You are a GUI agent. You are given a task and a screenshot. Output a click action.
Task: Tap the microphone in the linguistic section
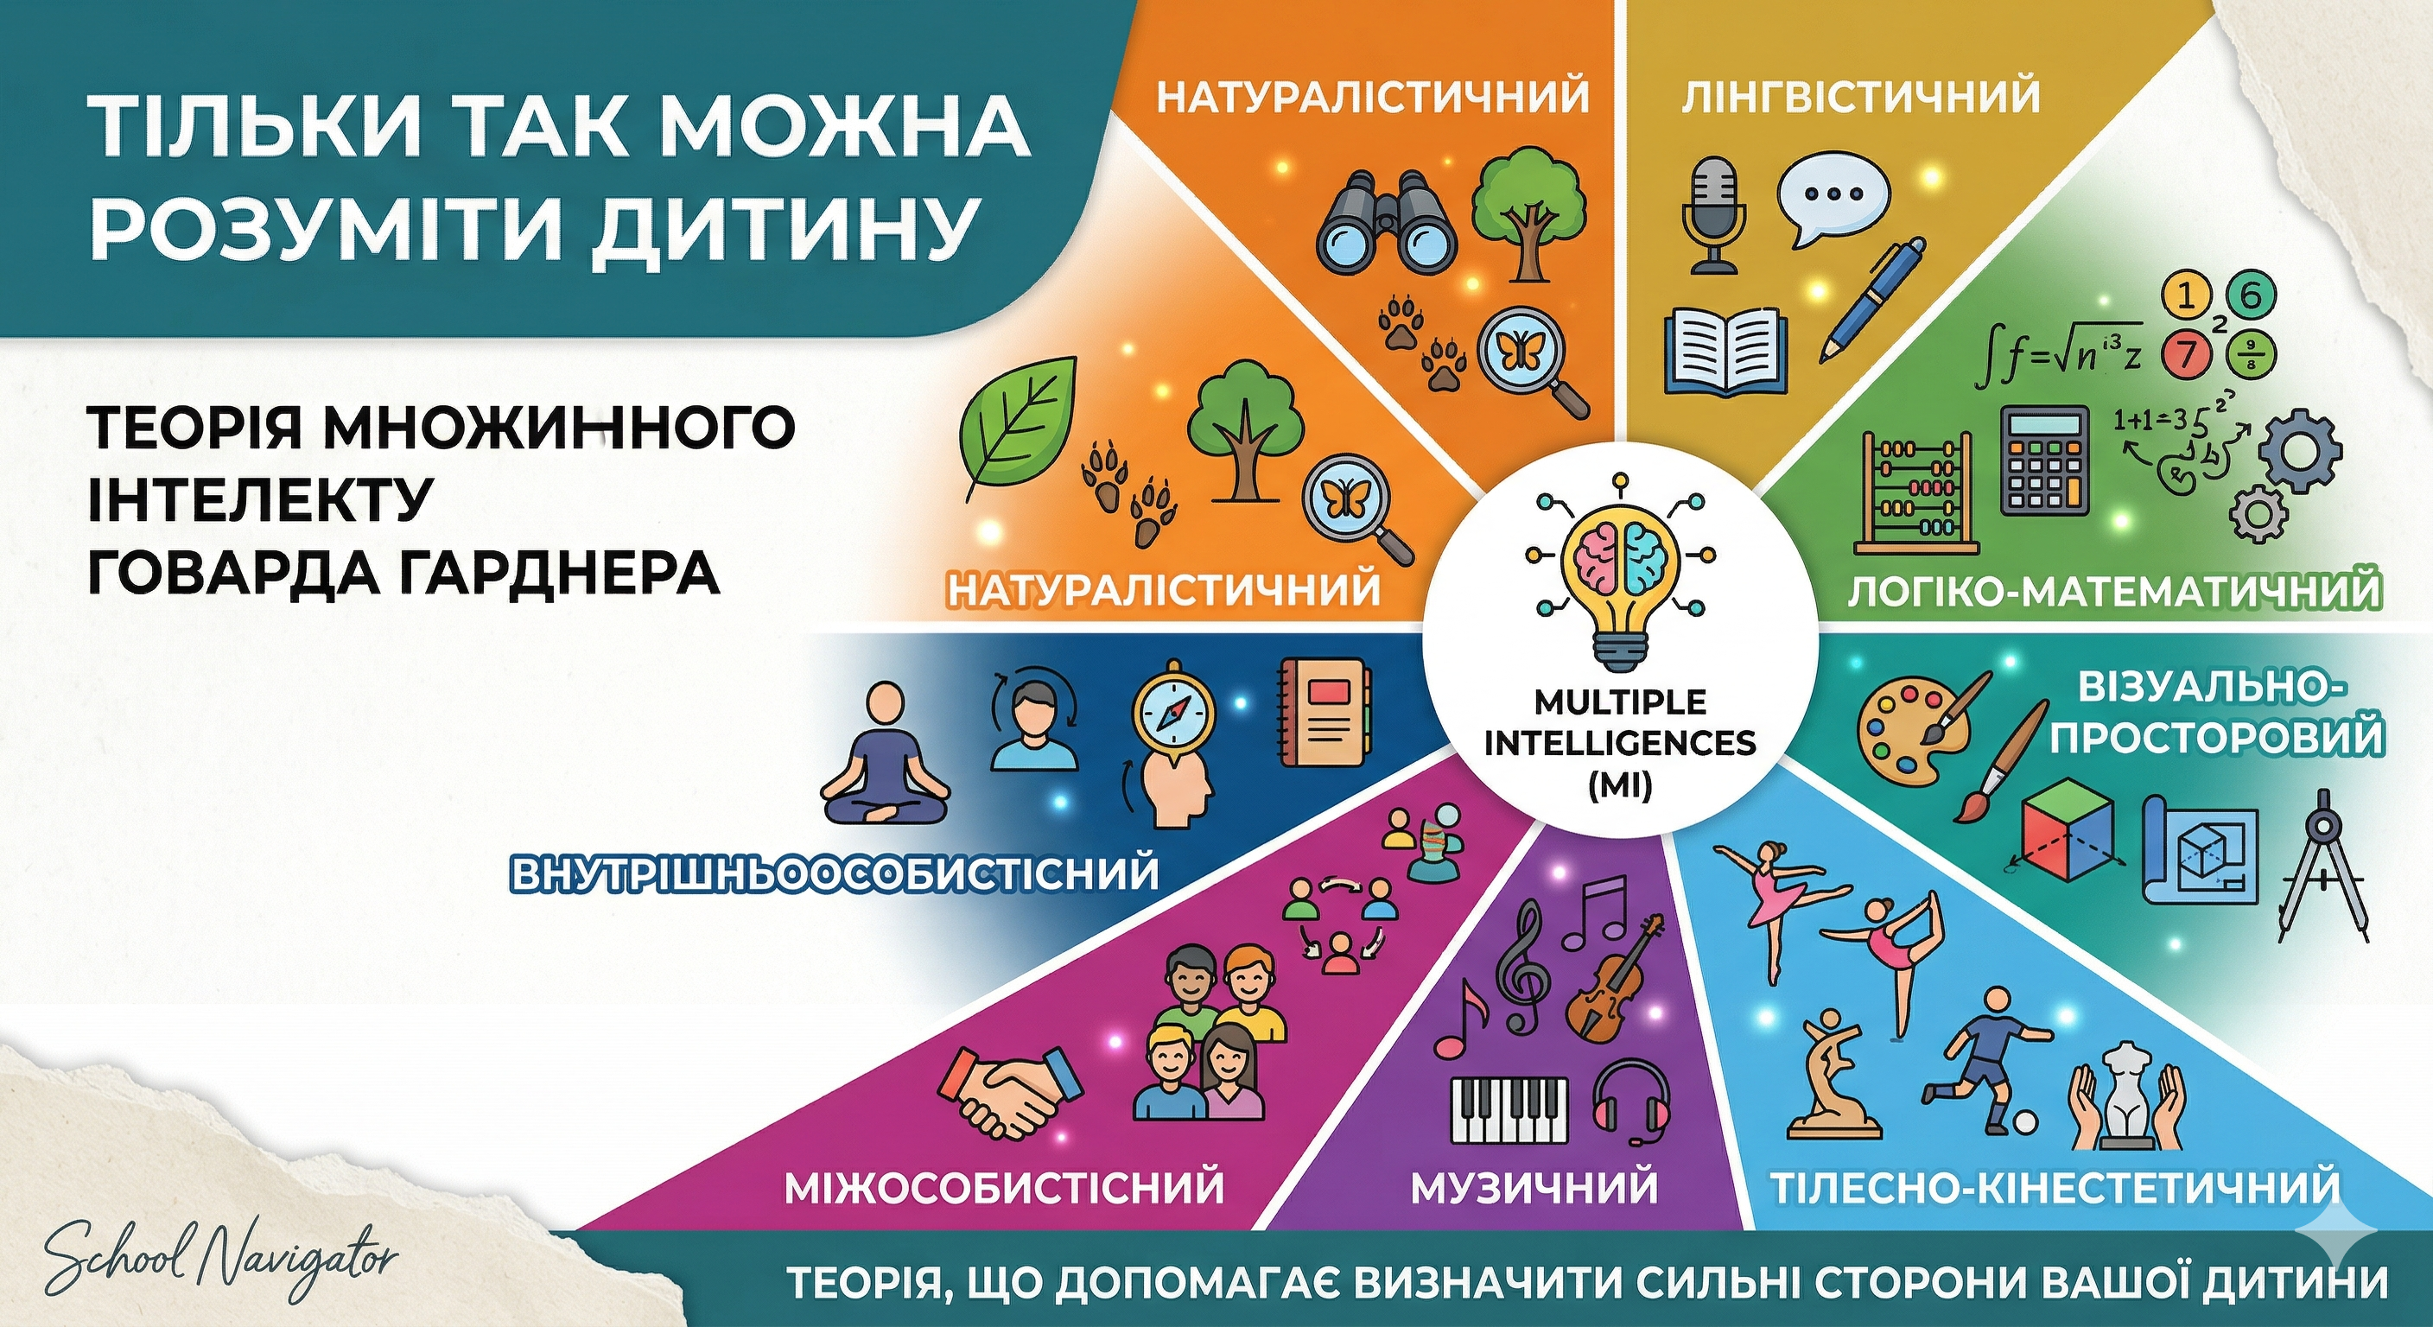[x=1712, y=215]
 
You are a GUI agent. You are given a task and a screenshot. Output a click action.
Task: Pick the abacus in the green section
[x=1917, y=493]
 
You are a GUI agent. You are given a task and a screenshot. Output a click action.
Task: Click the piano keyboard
[x=1509, y=1111]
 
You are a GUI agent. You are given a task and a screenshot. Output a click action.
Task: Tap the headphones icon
[x=1632, y=1102]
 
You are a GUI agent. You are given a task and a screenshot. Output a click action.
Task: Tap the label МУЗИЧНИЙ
[x=1534, y=1186]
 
